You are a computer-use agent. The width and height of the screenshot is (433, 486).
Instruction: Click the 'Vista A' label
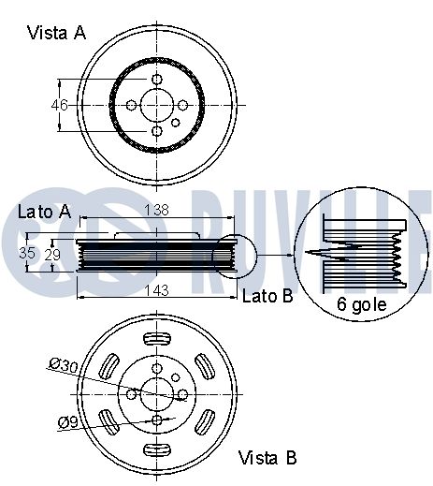point(56,33)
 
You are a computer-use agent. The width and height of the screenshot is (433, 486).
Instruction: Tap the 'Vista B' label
point(267,458)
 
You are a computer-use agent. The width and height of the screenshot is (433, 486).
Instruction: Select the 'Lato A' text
point(45,212)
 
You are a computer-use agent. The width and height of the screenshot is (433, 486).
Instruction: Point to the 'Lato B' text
point(267,296)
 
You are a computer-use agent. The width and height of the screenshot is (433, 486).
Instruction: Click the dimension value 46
point(60,105)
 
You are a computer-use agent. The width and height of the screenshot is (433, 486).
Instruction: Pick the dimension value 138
point(157,210)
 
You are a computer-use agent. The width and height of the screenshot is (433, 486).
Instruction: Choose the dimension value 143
point(157,291)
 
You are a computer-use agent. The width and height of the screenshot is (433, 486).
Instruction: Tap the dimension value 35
point(27,253)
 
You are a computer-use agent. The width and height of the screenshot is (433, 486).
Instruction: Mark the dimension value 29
point(52,255)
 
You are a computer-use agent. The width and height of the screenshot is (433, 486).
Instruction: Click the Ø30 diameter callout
point(64,365)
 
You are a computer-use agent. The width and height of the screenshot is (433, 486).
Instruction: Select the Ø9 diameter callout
point(67,422)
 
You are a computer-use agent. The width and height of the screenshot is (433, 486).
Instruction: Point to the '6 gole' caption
point(361,304)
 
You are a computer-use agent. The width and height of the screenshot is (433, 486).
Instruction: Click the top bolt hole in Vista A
point(157,79)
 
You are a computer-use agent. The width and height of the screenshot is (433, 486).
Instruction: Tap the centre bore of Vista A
point(156,105)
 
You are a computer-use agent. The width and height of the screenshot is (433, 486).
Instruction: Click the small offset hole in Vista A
point(176,123)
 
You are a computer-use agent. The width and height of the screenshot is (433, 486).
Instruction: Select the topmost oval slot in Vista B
point(157,338)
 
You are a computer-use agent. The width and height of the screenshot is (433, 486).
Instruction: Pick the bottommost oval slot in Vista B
point(157,449)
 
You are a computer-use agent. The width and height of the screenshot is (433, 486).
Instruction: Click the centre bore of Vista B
point(156,394)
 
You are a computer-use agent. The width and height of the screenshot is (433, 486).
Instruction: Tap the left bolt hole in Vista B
point(131,394)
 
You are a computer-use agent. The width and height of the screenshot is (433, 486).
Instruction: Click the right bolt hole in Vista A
point(183,105)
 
